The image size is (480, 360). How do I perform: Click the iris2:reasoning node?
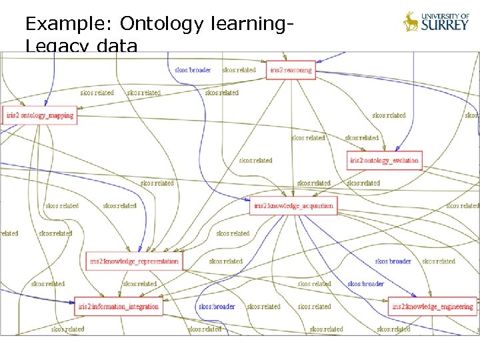[x=290, y=70]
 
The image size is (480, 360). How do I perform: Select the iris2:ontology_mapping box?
[x=39, y=115]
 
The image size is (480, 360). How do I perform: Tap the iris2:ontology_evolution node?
[x=385, y=160]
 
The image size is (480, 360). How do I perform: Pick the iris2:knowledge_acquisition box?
[x=293, y=206]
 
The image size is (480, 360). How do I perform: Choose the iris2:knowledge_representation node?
[x=133, y=261]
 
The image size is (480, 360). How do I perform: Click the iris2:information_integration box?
[x=118, y=307]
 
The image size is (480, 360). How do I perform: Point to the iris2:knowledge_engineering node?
[x=432, y=307]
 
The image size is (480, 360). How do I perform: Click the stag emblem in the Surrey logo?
[x=411, y=22]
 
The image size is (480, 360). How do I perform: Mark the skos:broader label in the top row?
[x=193, y=70]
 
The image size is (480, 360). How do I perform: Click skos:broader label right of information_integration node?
[x=217, y=307]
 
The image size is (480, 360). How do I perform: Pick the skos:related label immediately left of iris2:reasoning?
[x=239, y=70]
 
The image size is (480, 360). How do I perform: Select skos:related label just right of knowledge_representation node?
[x=225, y=261]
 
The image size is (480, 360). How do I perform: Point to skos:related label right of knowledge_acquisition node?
[x=463, y=206]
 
